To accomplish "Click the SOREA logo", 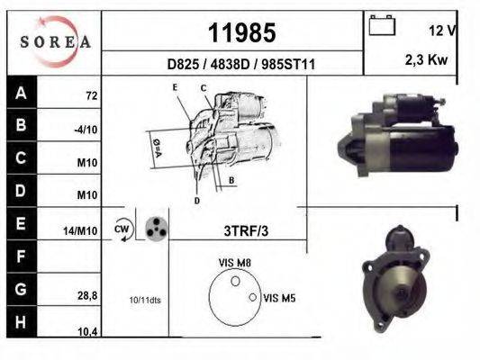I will pos(54,40).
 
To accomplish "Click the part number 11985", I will pos(241,33).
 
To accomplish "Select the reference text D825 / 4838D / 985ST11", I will pos(241,65).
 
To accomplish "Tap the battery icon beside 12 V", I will pos(382,27).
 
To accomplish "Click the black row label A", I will pos(20,93).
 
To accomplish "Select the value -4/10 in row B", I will pos(86,130).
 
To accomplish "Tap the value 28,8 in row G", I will pos(86,295).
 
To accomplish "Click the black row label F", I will pos(20,256).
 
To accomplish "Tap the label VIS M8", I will pos(234,262).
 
